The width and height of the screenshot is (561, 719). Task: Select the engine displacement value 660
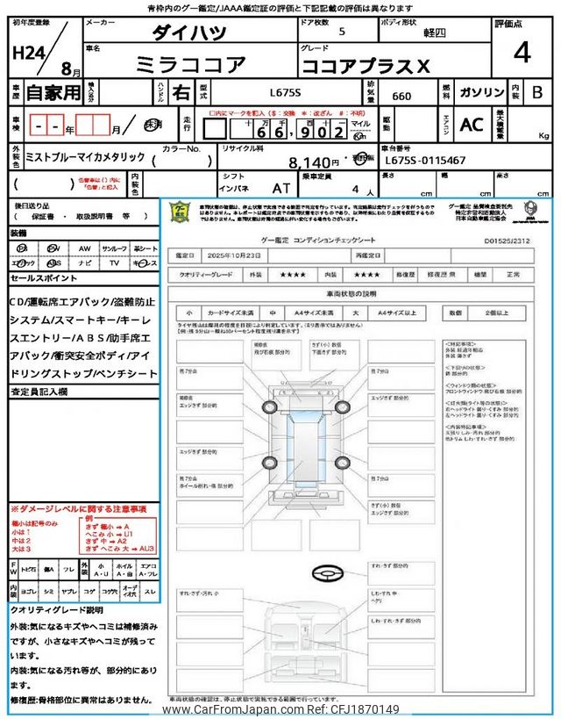click(x=401, y=94)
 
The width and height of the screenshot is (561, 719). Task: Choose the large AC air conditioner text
click(x=472, y=125)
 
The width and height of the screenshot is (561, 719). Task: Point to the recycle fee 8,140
click(x=314, y=162)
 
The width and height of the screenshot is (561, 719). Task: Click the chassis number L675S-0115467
click(x=426, y=162)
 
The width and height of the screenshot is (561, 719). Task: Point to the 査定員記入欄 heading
click(x=39, y=392)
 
